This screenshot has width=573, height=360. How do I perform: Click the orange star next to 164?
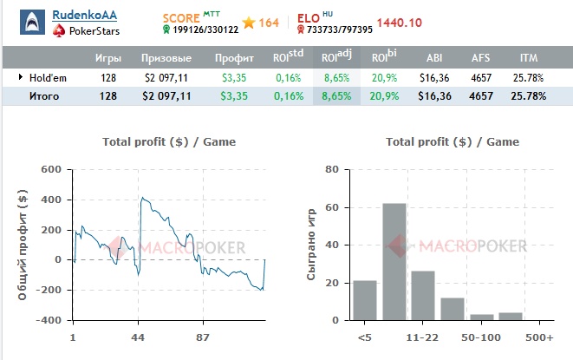[248, 23]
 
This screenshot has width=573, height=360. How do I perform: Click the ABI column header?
[434, 58]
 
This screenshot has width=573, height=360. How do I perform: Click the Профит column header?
[234, 58]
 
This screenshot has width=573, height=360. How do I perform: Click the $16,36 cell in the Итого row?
[433, 96]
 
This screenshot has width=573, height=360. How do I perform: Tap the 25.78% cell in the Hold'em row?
[528, 77]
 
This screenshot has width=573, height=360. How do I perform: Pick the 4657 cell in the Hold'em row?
[481, 77]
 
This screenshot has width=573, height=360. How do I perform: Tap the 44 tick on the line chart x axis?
[138, 336]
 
